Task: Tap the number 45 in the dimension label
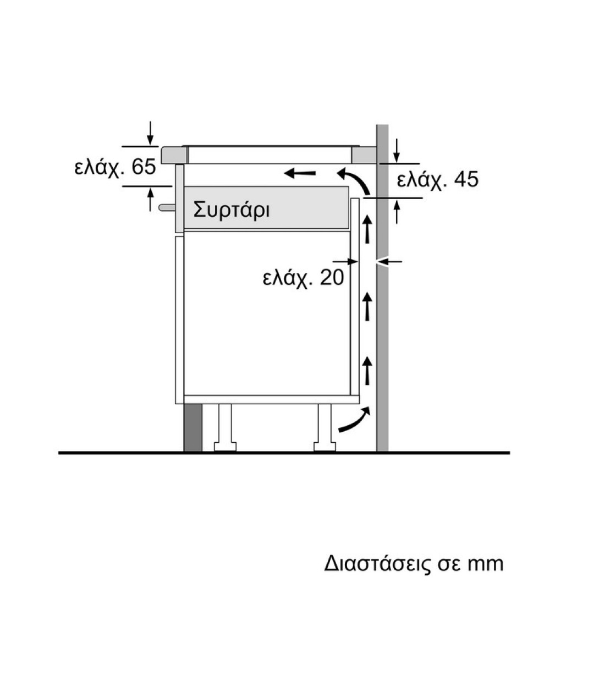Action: coord(466,179)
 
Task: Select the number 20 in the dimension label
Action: coord(332,277)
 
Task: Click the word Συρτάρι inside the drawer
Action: coord(232,210)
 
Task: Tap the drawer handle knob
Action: coord(167,208)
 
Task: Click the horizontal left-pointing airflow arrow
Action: coord(300,173)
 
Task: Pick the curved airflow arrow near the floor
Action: coord(355,421)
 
